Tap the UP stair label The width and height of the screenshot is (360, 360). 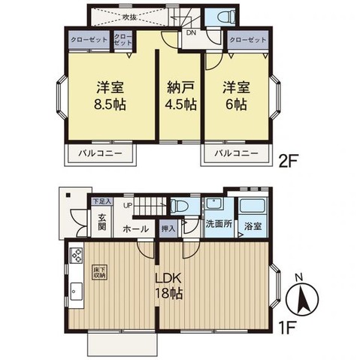[128, 205]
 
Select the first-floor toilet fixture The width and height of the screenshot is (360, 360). [181, 207]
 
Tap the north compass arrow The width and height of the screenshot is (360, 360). [302, 299]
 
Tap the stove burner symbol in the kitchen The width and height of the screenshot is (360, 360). [76, 256]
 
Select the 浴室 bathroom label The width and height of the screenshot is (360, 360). [253, 225]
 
